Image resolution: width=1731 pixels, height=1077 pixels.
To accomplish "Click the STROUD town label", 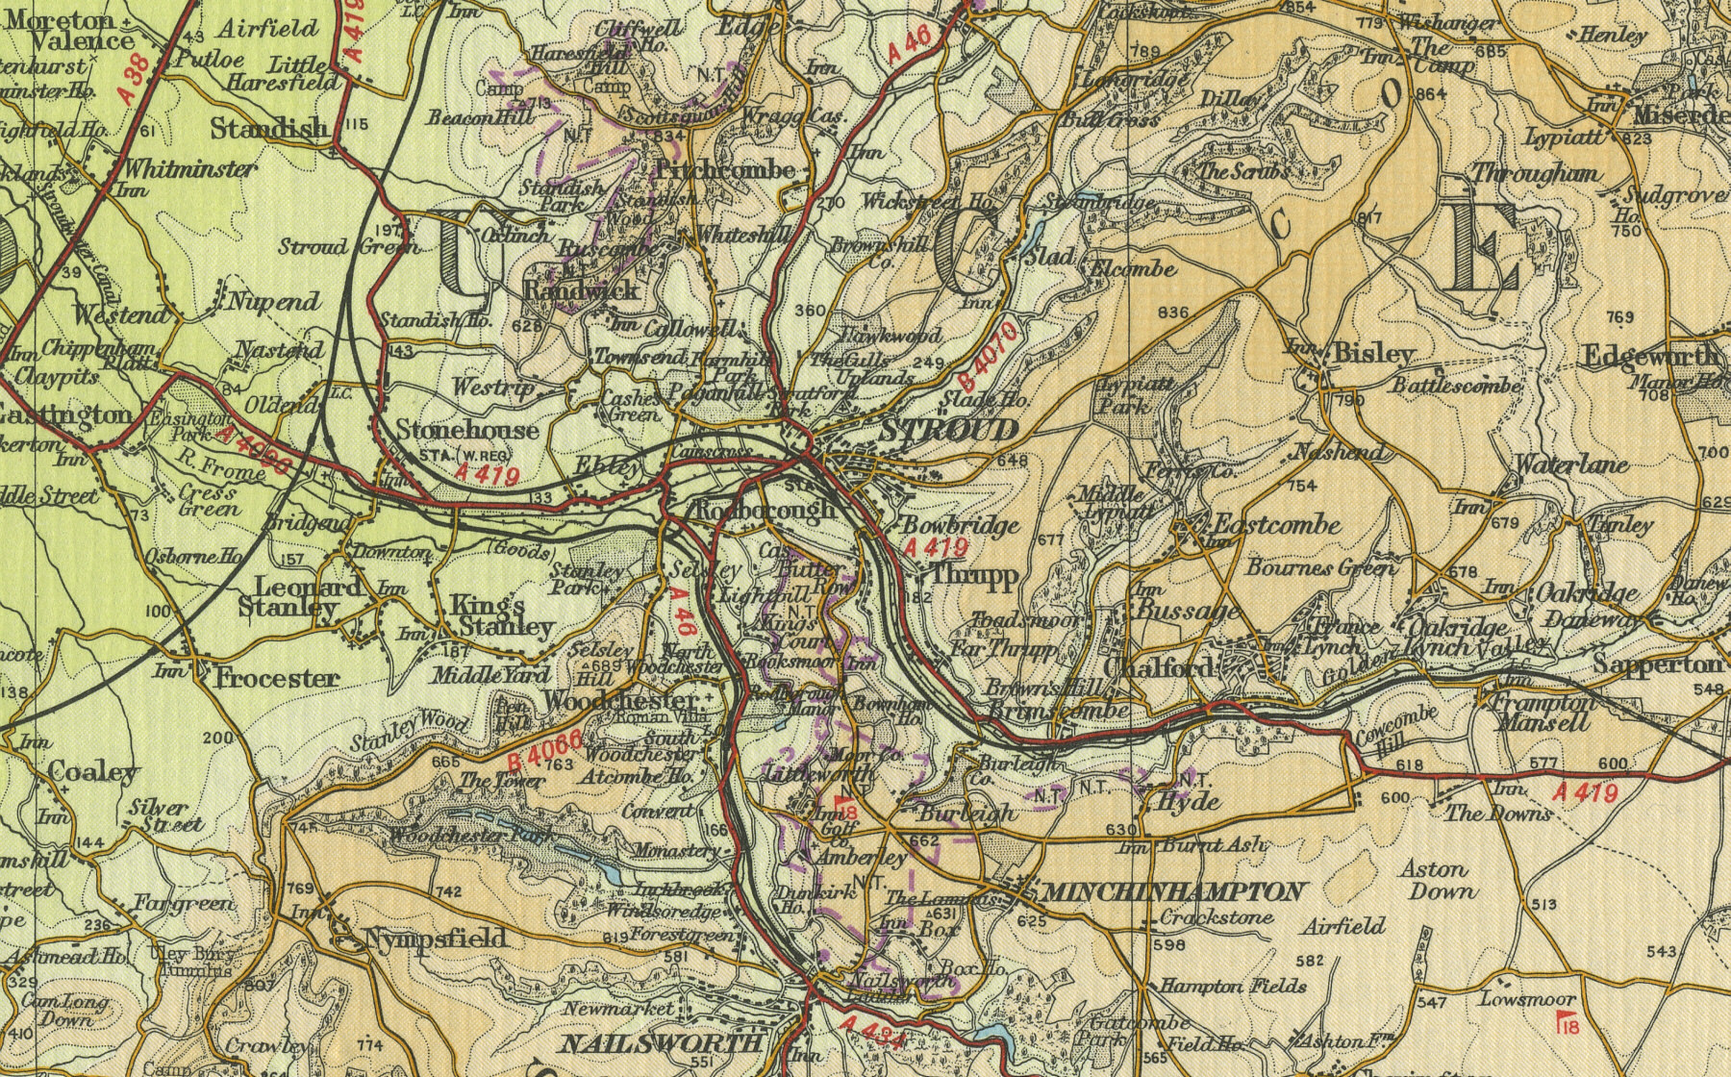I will (x=948, y=430).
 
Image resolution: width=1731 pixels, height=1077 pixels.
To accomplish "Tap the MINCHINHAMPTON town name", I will (x=1174, y=892).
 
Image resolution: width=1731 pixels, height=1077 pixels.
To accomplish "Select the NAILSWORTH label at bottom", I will (x=662, y=1043).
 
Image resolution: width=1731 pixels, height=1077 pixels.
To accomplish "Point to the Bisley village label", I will (x=1373, y=354).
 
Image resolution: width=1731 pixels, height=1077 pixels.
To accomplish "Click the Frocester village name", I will (x=276, y=679).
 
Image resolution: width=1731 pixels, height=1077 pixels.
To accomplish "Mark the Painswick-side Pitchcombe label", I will (x=725, y=170).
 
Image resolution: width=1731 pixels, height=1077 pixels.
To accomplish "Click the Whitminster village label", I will (x=190, y=169).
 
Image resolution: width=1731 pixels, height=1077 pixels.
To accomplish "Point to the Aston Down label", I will (x=1437, y=880).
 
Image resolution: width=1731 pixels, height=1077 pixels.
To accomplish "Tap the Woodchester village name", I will (x=620, y=700).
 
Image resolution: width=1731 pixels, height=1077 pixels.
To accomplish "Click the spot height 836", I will (x=1174, y=313).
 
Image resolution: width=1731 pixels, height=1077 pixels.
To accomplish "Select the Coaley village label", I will (x=92, y=771).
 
